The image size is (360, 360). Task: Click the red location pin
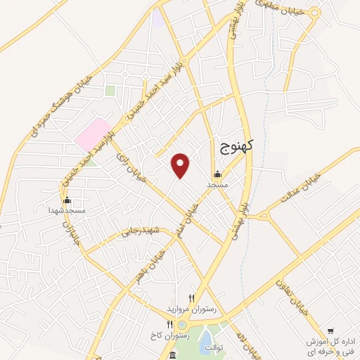click(x=181, y=166)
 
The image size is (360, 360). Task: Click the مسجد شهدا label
click(x=67, y=210)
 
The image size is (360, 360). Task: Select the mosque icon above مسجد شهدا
click(x=67, y=200)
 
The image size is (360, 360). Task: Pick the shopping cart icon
click(x=330, y=330)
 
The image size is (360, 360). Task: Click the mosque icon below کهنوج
click(x=217, y=174)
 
